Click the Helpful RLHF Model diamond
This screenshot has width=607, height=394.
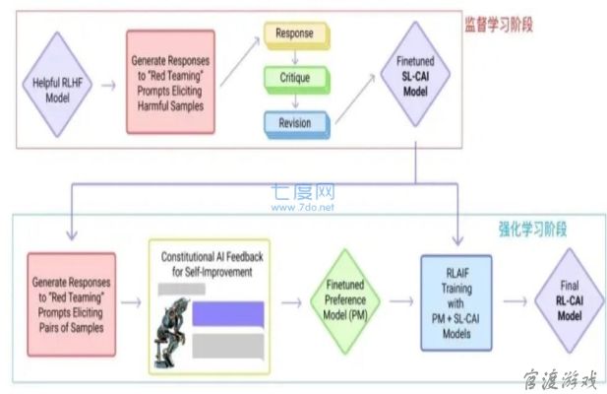(x=57, y=85)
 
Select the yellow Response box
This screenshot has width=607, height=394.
(x=297, y=35)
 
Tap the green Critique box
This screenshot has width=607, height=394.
(x=297, y=80)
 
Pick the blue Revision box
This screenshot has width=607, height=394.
(x=297, y=125)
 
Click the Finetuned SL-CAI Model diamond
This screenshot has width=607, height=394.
(x=415, y=75)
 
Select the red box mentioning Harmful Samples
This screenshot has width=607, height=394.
(x=170, y=82)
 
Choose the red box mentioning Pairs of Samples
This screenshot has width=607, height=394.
(x=71, y=304)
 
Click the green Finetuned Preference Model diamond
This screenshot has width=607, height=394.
(x=345, y=301)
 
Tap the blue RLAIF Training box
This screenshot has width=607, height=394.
(x=456, y=303)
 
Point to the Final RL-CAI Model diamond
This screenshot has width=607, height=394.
(x=570, y=300)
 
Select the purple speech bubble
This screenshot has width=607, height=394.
(x=228, y=314)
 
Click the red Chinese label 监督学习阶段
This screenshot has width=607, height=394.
(x=499, y=25)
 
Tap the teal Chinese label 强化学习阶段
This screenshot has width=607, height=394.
(x=532, y=229)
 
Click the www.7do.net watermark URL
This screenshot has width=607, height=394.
(x=303, y=207)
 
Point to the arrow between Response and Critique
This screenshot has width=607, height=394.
(x=295, y=57)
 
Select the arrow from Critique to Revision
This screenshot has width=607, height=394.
(x=295, y=101)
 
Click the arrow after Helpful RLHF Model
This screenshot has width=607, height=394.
(x=109, y=86)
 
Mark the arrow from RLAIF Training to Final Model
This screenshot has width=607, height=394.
(x=516, y=301)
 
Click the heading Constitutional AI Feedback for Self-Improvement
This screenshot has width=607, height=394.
(x=212, y=264)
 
